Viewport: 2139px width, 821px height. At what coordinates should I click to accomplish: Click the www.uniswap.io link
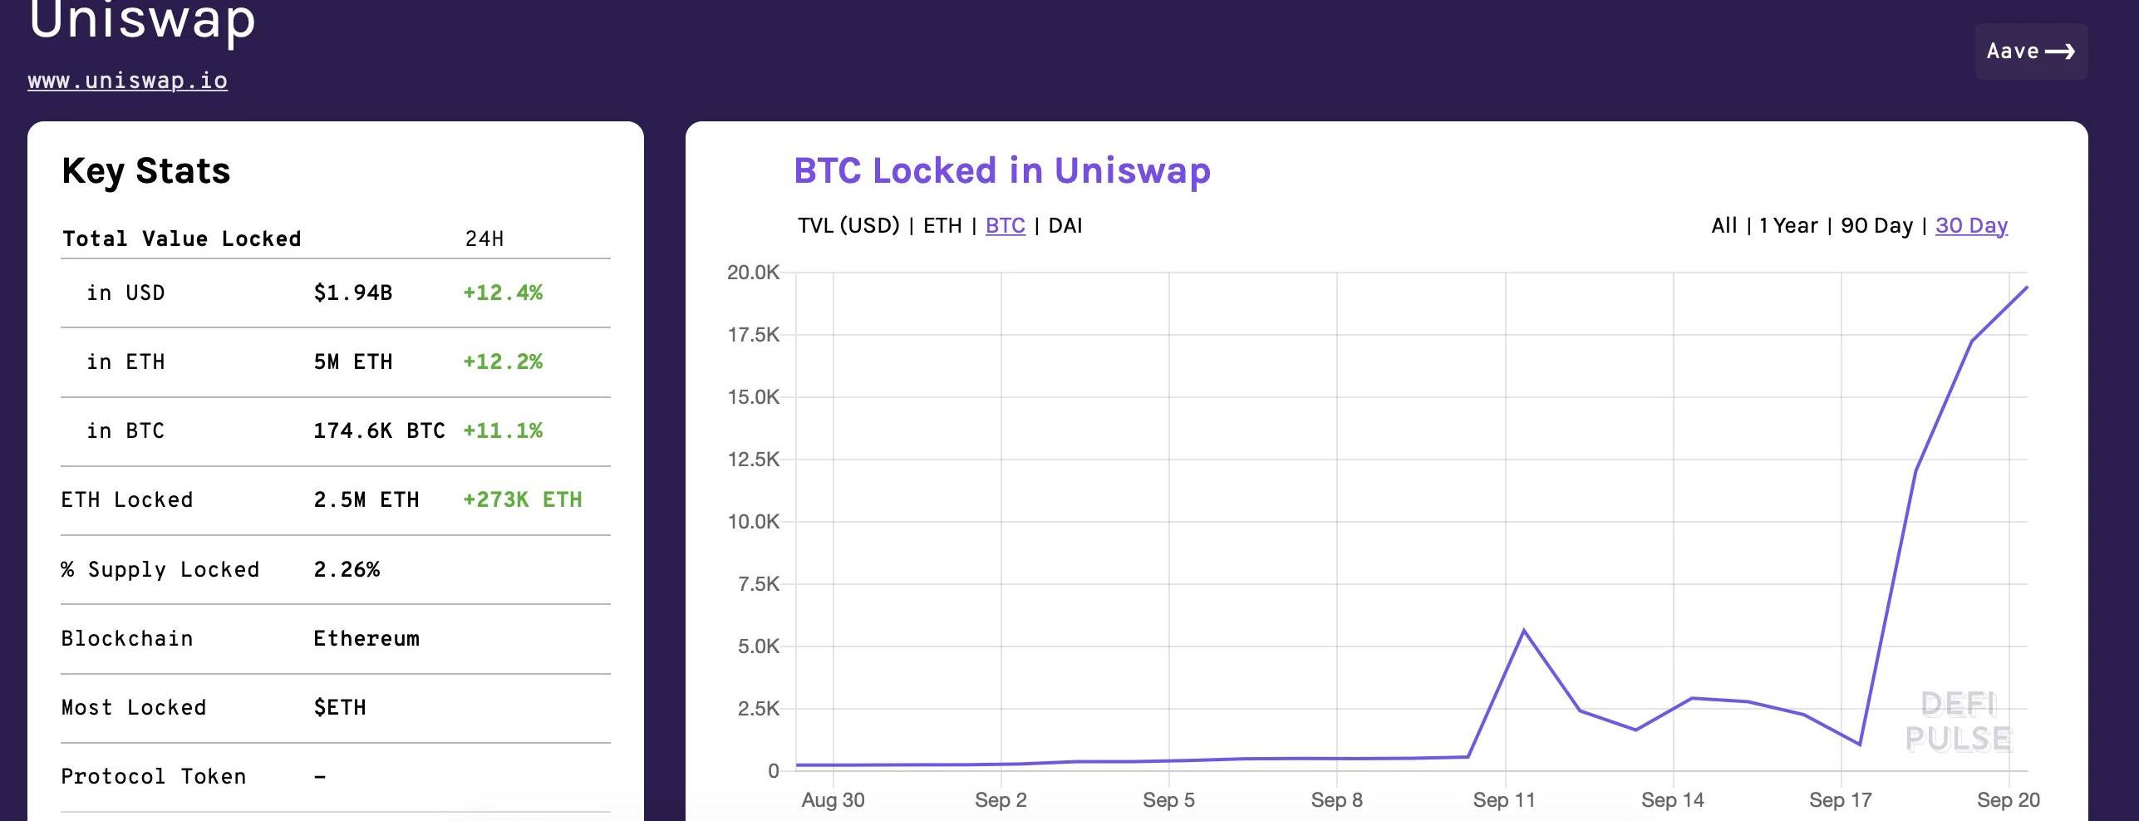[x=127, y=81]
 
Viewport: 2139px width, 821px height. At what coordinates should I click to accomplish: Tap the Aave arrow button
[x=2030, y=52]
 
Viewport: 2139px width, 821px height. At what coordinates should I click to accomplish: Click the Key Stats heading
[x=146, y=170]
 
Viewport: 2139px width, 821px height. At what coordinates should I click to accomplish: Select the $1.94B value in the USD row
[x=352, y=293]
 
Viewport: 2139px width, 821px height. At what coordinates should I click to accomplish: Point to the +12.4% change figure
[x=502, y=293]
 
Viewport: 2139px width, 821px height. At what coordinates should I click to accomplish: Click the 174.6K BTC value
[x=378, y=430]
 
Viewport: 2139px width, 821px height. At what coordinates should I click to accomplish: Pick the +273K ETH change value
[x=522, y=499]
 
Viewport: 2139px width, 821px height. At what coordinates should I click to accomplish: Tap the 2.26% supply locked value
[x=347, y=569]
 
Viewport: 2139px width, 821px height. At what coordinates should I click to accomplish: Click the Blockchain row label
[x=127, y=638]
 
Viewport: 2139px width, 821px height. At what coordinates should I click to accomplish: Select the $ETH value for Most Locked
[x=340, y=707]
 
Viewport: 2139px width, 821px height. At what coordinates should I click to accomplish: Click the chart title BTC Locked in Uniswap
[x=1001, y=170]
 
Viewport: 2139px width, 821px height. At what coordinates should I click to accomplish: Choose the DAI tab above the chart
[x=1065, y=225]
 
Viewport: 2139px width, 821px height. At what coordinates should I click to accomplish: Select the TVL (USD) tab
[x=848, y=225]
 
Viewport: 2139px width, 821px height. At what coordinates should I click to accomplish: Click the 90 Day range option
[x=1876, y=225]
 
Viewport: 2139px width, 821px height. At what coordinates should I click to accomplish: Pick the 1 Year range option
[x=1788, y=225]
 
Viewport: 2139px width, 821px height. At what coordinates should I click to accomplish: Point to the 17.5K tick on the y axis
[x=753, y=335]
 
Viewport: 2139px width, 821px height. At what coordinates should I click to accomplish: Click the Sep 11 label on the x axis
[x=1504, y=800]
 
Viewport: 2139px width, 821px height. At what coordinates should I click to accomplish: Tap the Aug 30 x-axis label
[x=833, y=800]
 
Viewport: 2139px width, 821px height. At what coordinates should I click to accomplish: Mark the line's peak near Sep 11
[x=1525, y=631]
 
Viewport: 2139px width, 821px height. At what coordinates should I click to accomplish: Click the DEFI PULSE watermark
[x=1958, y=721]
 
